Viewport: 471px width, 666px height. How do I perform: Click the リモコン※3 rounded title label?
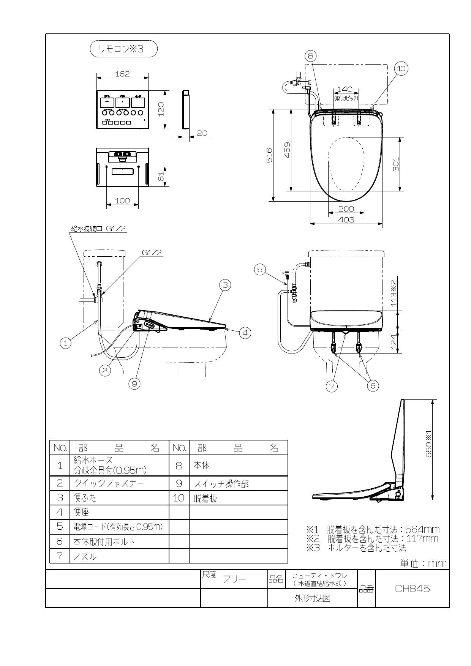click(123, 49)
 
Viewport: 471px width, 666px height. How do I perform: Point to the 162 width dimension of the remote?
click(122, 74)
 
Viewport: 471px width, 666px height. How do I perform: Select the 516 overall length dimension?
click(269, 155)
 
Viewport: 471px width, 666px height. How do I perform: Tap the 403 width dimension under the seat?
click(346, 220)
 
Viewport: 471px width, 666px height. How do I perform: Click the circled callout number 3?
click(225, 285)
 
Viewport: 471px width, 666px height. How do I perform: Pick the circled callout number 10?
click(401, 69)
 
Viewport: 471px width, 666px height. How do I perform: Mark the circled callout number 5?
click(260, 270)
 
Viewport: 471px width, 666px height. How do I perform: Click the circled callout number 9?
click(134, 384)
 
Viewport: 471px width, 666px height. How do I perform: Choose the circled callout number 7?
click(332, 386)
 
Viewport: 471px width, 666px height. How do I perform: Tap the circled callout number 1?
click(66, 343)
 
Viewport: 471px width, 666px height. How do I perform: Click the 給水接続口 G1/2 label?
click(98, 229)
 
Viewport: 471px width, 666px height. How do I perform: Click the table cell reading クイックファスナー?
click(109, 483)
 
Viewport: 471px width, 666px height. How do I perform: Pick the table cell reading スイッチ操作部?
click(222, 484)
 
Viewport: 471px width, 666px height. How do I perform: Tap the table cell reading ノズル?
click(85, 556)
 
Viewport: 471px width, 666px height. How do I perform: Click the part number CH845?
click(412, 589)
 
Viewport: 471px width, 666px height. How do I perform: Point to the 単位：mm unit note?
click(424, 563)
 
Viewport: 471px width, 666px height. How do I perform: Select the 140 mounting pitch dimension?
click(345, 89)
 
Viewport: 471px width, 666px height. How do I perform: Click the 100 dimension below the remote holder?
click(122, 200)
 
